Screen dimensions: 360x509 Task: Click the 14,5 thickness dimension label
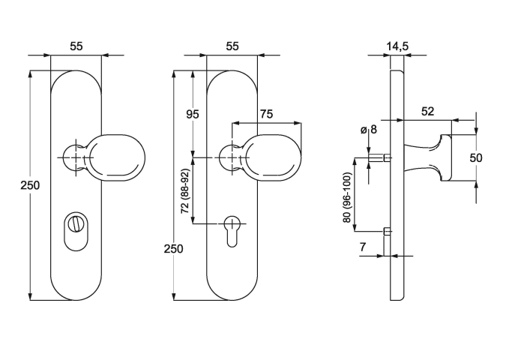pyautogui.click(x=397, y=46)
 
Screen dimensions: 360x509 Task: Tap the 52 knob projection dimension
pyautogui.click(x=428, y=111)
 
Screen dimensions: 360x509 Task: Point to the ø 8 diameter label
pyautogui.click(x=369, y=130)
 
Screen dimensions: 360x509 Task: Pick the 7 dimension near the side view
pyautogui.click(x=362, y=247)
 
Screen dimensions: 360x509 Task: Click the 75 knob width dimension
pyautogui.click(x=266, y=114)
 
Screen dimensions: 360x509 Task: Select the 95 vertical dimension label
pyautogui.click(x=193, y=114)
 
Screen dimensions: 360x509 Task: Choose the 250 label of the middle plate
pyautogui.click(x=173, y=249)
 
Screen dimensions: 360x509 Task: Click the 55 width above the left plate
pyautogui.click(x=76, y=46)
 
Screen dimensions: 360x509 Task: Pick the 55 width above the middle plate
pyautogui.click(x=232, y=46)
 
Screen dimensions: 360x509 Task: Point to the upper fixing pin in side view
pyautogui.click(x=385, y=158)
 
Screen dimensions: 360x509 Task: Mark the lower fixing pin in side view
pyautogui.click(x=385, y=231)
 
